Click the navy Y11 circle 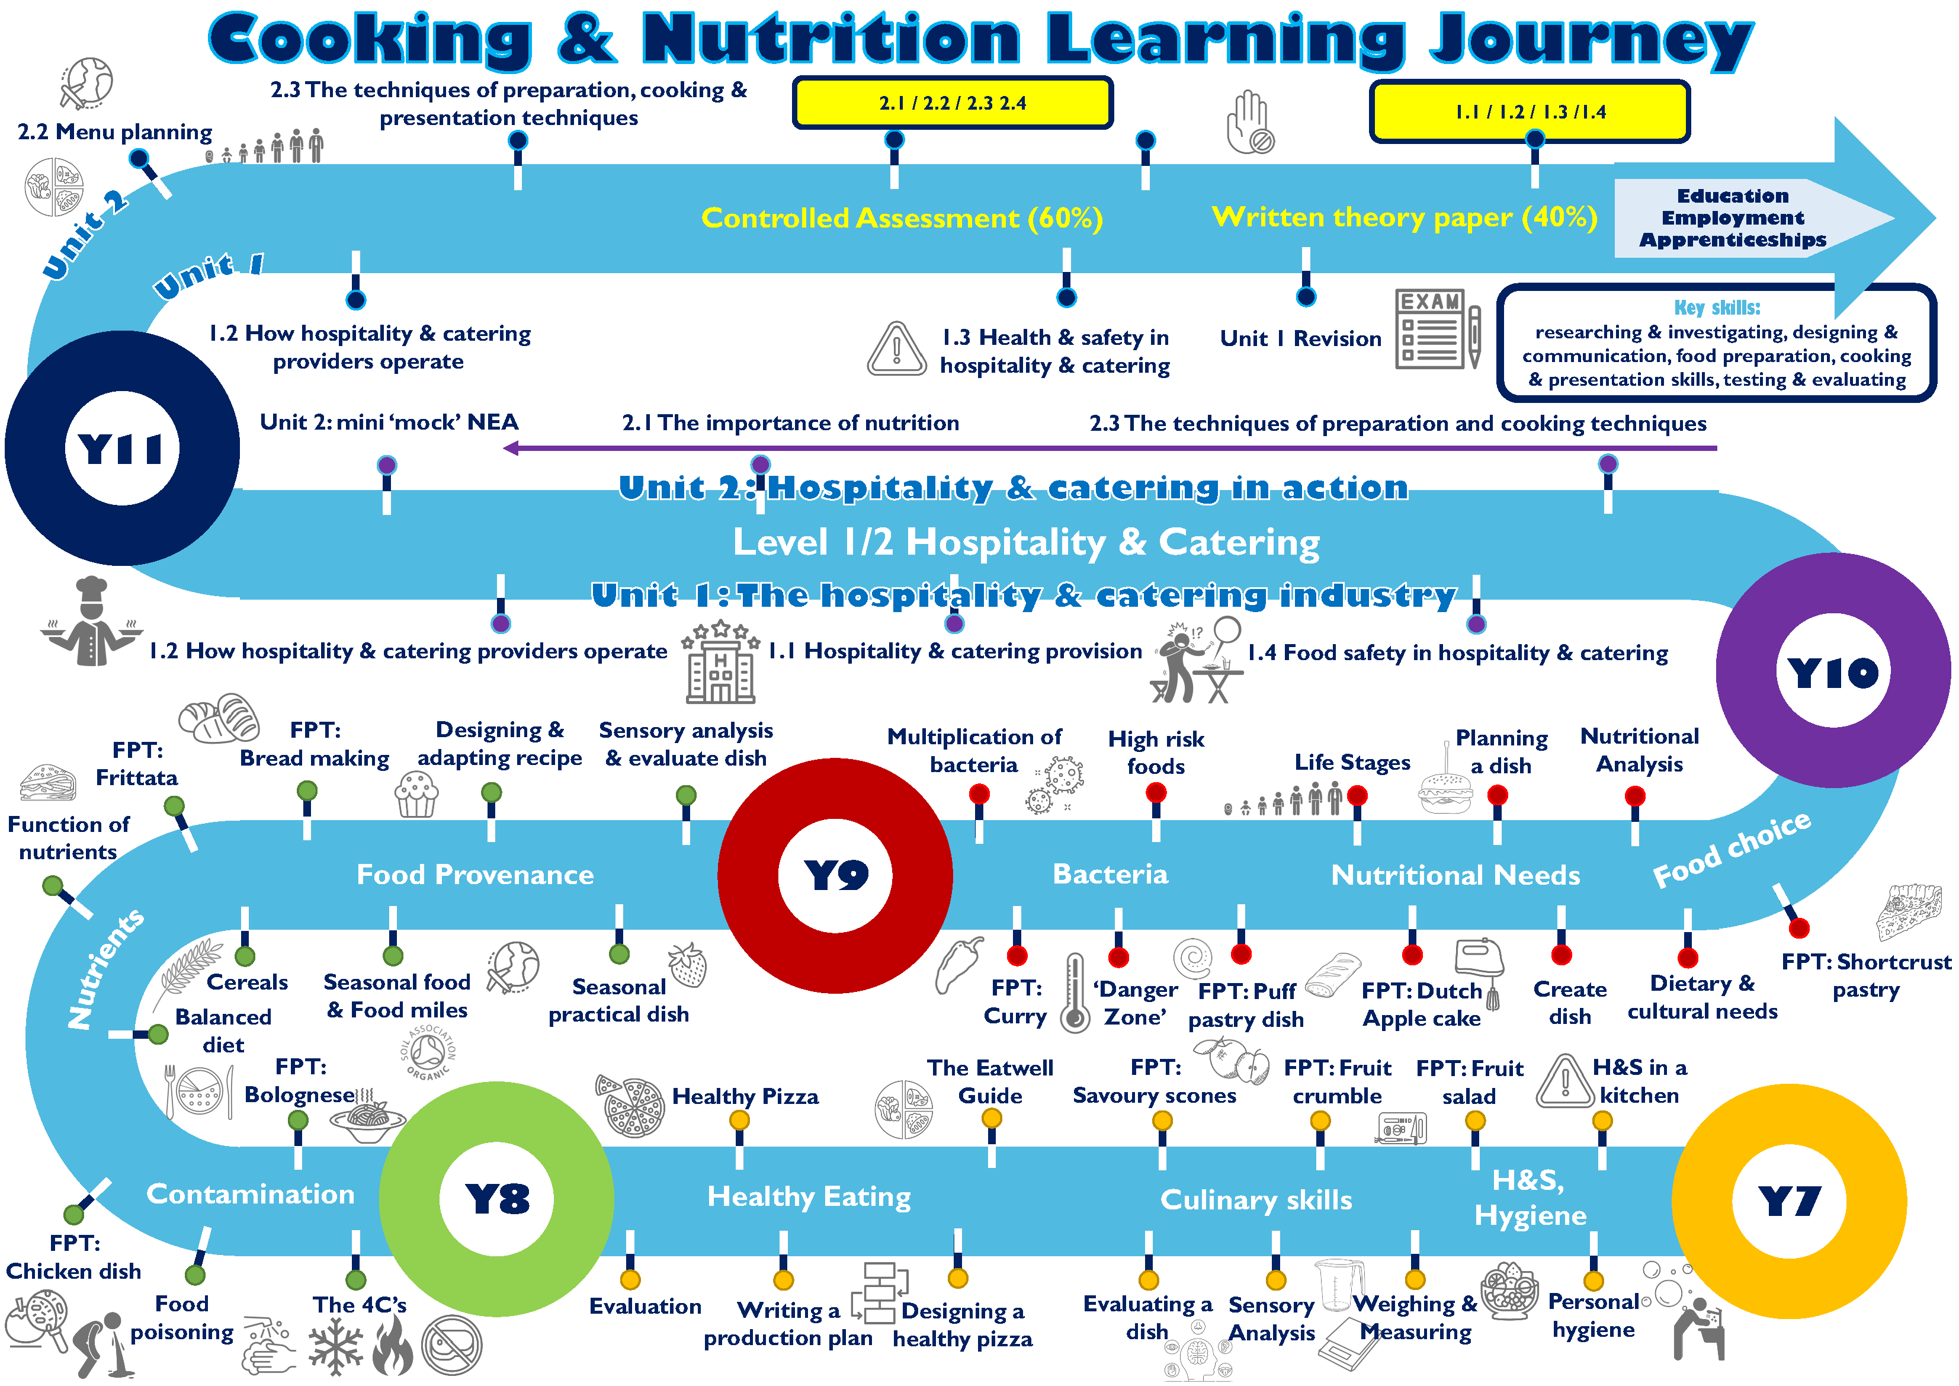click(x=122, y=448)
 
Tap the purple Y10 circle click(x=1833, y=671)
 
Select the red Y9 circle click(x=835, y=875)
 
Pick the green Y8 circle click(x=496, y=1199)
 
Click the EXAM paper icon click(x=1438, y=329)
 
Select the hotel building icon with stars click(x=721, y=663)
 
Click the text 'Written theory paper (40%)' click(x=1405, y=217)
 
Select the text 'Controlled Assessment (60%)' click(x=902, y=219)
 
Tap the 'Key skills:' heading click(x=1717, y=307)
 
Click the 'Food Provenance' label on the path click(x=475, y=875)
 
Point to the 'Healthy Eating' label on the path click(x=809, y=1198)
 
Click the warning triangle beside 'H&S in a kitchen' click(x=1565, y=1081)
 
